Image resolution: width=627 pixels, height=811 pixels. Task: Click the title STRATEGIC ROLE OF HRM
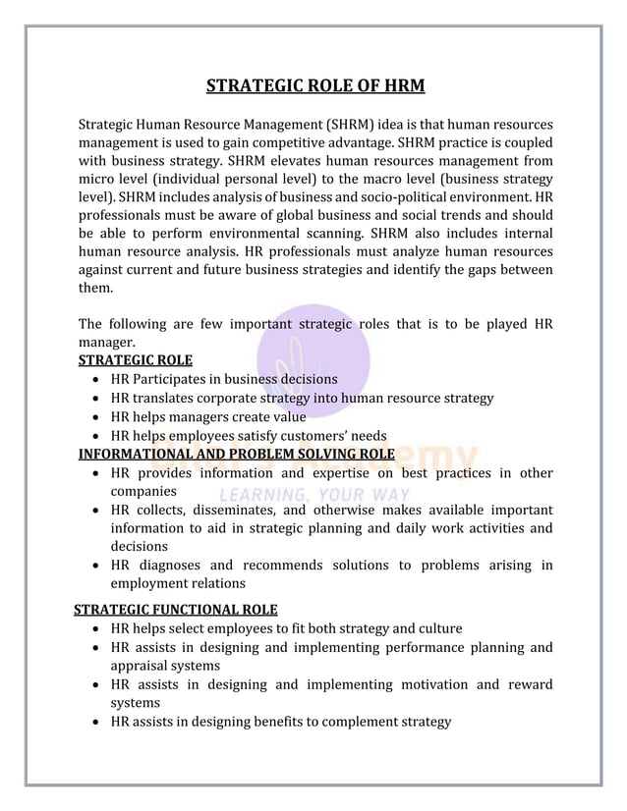click(x=314, y=86)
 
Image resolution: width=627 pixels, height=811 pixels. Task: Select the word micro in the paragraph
click(x=96, y=180)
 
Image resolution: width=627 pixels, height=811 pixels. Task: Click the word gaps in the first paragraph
click(x=486, y=270)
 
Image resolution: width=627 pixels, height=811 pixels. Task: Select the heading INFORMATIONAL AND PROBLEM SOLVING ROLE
click(x=236, y=454)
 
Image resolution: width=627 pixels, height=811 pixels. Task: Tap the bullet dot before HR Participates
click(x=92, y=379)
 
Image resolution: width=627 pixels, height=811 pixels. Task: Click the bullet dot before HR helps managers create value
click(x=92, y=417)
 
